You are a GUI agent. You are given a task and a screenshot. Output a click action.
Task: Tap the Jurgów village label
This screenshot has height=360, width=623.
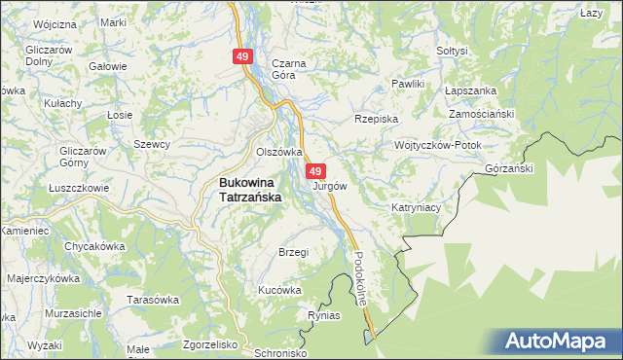(x=329, y=185)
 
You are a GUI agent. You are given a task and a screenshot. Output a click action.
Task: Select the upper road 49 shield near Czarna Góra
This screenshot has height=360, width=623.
(x=242, y=57)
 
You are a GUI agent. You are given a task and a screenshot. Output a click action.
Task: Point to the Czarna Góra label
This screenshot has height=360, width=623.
(x=289, y=69)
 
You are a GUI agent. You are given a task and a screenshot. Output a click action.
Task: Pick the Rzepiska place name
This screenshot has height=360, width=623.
(x=377, y=119)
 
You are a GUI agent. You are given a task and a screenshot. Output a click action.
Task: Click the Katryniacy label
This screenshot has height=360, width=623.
(x=418, y=207)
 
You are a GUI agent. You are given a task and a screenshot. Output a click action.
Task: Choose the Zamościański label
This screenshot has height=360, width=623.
(x=481, y=114)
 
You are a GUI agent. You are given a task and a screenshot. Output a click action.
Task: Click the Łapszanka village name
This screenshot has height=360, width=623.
(x=470, y=90)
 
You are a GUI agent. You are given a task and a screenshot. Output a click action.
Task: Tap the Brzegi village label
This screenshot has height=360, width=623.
(x=293, y=252)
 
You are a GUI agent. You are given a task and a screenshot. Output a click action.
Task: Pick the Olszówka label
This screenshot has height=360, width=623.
(x=278, y=153)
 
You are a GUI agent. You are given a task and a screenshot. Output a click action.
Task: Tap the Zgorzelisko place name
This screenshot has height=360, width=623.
(x=210, y=344)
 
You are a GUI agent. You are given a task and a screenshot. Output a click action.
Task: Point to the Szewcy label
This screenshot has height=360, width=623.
(x=152, y=144)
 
